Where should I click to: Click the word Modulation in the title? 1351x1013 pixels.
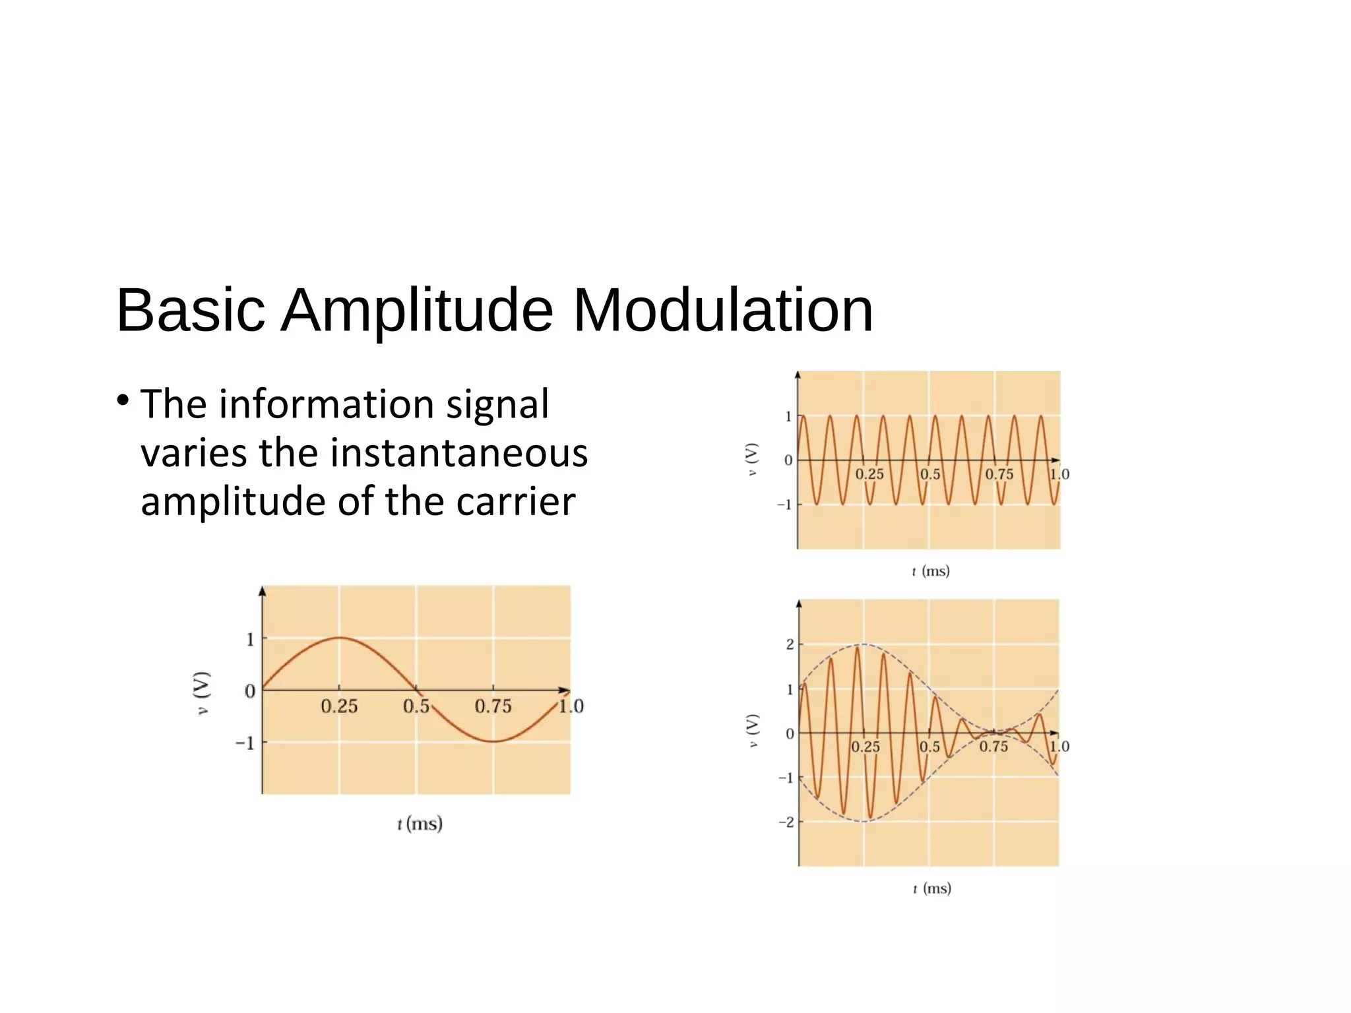723,310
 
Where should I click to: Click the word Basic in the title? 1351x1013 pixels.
191,310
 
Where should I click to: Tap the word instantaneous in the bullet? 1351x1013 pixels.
458,453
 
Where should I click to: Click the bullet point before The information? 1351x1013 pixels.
123,400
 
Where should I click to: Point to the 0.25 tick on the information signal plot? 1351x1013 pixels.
339,706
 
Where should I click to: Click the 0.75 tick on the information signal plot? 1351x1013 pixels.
493,706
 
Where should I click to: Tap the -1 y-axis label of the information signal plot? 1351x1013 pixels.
245,743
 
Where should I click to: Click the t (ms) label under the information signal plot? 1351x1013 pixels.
420,824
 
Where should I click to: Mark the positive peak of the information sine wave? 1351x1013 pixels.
339,638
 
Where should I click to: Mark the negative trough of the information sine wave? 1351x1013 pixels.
493,742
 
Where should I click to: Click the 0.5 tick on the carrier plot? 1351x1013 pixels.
930,474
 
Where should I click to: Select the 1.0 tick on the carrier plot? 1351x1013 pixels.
1059,474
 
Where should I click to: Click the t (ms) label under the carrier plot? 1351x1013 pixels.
931,571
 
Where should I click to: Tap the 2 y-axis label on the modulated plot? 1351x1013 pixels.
790,644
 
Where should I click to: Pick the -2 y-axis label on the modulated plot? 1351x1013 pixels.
786,822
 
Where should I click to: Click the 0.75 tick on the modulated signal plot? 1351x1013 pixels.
993,747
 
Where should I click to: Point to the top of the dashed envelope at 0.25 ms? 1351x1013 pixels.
864,644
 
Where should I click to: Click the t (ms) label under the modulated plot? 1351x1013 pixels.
931,888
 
